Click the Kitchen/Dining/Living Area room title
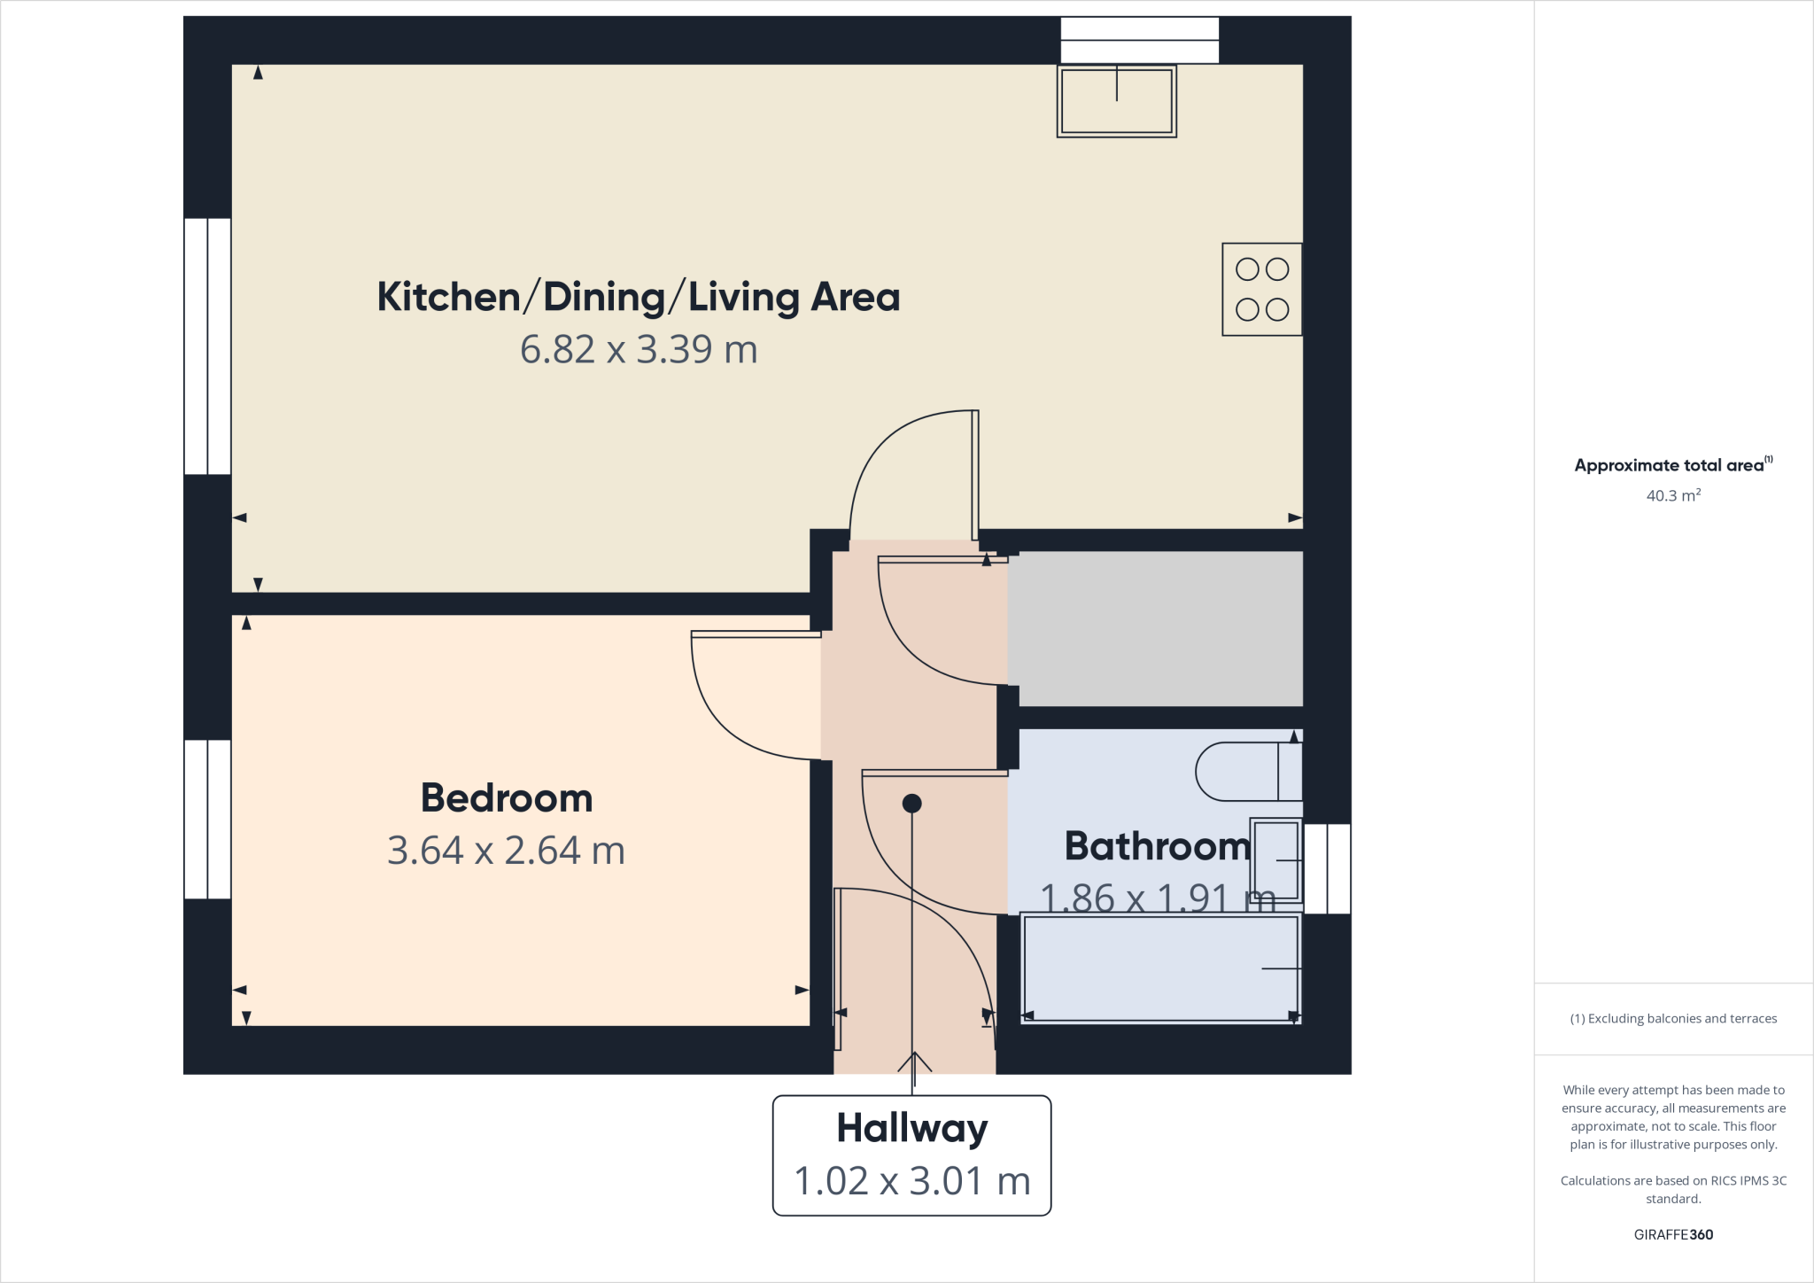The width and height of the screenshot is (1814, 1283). (638, 298)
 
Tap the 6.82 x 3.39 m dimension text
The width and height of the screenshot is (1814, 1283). (638, 350)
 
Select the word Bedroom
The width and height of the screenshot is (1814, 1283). (506, 798)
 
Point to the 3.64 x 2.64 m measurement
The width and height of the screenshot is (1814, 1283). (506, 851)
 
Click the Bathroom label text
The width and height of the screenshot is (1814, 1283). (1157, 846)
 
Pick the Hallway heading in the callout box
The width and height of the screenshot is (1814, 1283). (911, 1129)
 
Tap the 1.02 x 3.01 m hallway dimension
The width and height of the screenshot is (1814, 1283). (911, 1181)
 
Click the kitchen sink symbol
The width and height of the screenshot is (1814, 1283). (1116, 101)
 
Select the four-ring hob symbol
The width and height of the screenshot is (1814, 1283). (1261, 289)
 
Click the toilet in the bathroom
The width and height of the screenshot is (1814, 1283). (1247, 772)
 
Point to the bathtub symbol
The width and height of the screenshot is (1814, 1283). (1160, 968)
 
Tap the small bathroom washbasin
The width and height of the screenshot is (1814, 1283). (1276, 860)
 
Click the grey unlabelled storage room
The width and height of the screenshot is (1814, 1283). (1155, 628)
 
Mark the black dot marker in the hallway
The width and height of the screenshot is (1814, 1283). (911, 804)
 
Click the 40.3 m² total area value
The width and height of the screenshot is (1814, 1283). (1672, 496)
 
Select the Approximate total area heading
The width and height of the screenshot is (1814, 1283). (1669, 466)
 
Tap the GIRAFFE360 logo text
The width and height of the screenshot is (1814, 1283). (1672, 1234)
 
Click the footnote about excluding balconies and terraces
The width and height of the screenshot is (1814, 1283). (1672, 1019)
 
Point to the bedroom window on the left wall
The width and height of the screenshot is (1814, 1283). (207, 819)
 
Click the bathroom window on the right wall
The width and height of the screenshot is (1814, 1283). (1327, 868)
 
